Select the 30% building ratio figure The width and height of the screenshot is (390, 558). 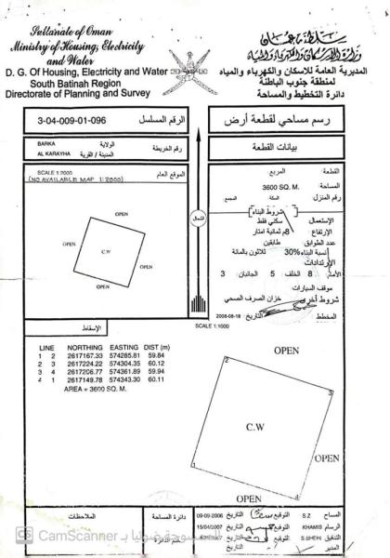click(292, 251)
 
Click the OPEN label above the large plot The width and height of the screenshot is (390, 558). click(286, 350)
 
